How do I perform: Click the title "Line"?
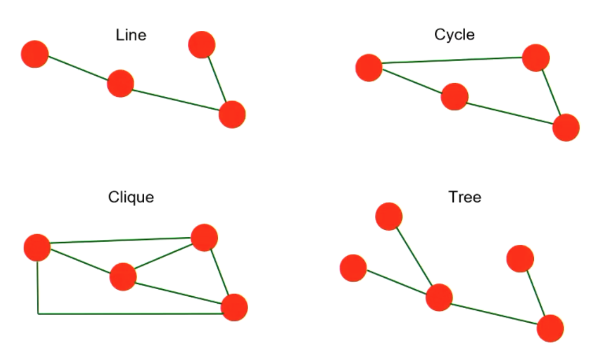[131, 36]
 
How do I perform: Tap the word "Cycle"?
[454, 35]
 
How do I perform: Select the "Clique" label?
[131, 197]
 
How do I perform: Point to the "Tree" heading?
[465, 197]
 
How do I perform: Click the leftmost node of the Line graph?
[35, 54]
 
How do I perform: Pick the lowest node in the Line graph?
[232, 114]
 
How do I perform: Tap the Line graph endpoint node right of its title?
[202, 44]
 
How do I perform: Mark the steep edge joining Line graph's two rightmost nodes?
[217, 79]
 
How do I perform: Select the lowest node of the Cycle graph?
[566, 128]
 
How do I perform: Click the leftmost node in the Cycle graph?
[369, 68]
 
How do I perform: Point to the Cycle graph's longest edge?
[452, 60]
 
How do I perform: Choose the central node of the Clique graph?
[123, 277]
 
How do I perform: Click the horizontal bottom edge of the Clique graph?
[130, 313]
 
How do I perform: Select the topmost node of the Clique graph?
[204, 237]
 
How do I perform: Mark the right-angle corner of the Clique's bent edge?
[38, 313]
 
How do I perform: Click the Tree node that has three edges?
[439, 297]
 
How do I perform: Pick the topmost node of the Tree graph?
[389, 216]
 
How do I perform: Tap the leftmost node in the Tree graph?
[353, 268]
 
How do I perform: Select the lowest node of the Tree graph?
[550, 328]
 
